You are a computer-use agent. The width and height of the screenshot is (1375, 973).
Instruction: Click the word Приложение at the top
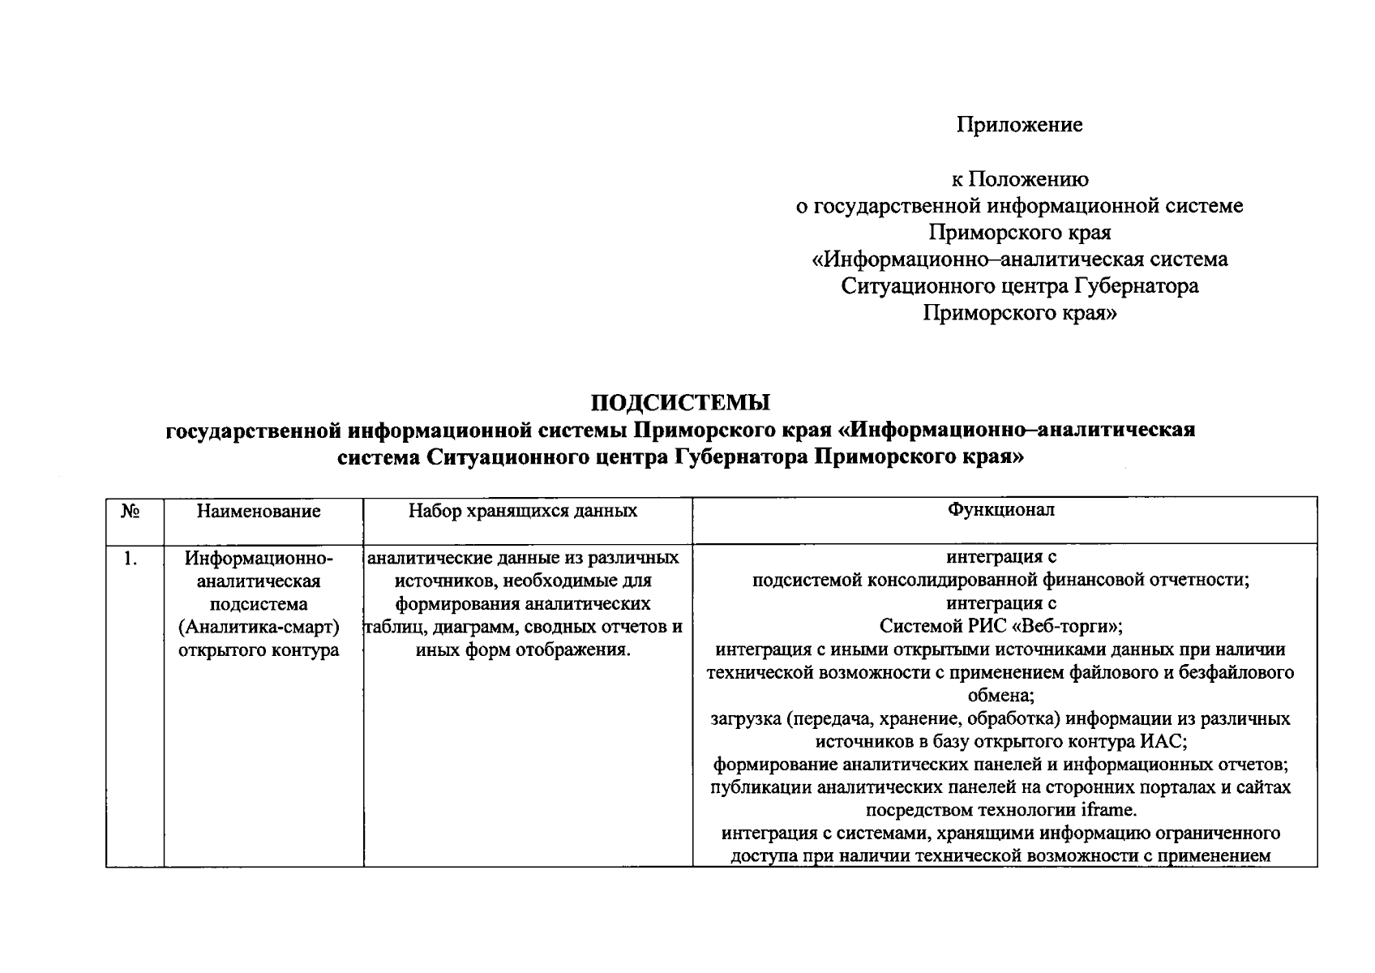(1019, 125)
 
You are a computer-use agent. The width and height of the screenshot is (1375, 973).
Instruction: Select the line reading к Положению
(1019, 179)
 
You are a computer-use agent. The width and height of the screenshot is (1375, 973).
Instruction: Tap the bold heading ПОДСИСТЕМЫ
(680, 402)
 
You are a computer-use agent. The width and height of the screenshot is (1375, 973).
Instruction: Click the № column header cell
(131, 511)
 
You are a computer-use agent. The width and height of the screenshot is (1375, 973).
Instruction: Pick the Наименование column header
(259, 511)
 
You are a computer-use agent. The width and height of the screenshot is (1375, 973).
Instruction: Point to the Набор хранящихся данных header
(523, 511)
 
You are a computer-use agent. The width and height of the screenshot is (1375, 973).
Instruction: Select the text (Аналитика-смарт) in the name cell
(259, 628)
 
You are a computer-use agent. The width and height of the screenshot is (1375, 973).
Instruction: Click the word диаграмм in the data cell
(470, 628)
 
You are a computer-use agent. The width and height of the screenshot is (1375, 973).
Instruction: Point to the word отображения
(574, 650)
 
